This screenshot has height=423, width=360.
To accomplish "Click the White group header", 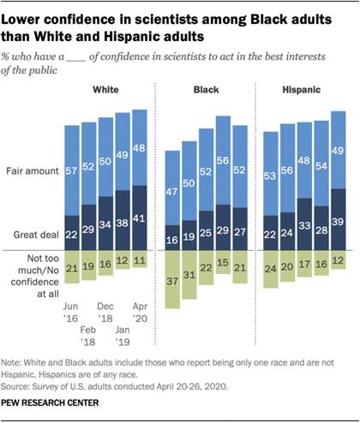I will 107,90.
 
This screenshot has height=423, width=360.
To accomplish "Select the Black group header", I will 206,90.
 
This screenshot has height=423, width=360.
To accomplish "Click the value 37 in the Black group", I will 171,280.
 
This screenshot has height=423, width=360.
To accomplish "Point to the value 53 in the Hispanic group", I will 271,176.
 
